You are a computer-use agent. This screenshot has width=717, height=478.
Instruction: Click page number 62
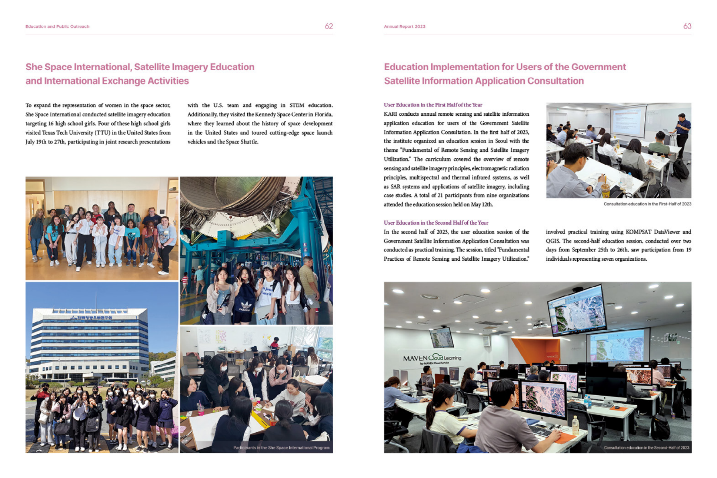point(328,26)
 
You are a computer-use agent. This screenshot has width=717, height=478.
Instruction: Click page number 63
point(687,26)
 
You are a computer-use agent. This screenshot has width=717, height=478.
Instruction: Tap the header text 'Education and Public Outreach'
point(57,27)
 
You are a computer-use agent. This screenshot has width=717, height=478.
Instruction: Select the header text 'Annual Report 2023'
point(404,27)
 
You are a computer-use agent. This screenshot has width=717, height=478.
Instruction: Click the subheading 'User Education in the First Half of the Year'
point(433,105)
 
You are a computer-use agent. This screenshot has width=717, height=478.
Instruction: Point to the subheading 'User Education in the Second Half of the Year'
point(436,223)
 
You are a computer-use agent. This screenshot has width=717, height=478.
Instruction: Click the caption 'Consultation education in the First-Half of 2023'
point(647,204)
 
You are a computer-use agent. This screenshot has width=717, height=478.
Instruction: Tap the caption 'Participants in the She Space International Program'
point(281,447)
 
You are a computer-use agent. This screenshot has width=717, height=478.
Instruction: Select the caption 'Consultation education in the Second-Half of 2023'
point(646,447)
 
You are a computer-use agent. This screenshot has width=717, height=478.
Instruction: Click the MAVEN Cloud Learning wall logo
point(432,358)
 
